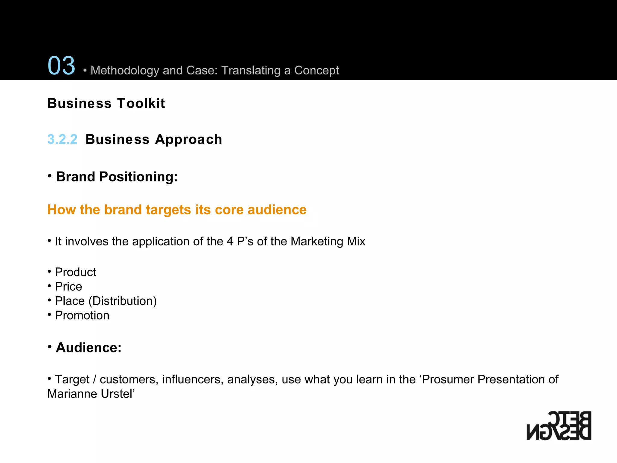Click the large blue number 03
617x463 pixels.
(61, 65)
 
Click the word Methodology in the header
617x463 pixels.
(125, 71)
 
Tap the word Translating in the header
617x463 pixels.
(251, 71)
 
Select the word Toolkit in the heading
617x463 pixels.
(141, 103)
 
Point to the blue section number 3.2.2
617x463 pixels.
(62, 139)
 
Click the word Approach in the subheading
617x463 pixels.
(189, 140)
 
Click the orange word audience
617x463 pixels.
(277, 210)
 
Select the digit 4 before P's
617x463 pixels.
(230, 241)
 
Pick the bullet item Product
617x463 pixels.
(75, 272)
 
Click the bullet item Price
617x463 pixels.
(68, 287)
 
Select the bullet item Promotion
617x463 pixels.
(82, 316)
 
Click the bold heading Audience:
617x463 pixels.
(89, 348)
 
